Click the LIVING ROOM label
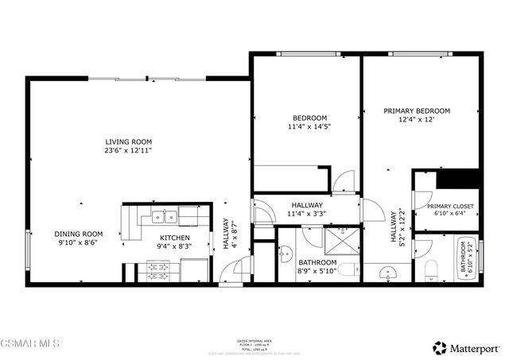pyautogui.click(x=127, y=141)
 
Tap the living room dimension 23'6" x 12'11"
pyautogui.click(x=127, y=150)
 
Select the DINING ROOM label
pyautogui.click(x=79, y=234)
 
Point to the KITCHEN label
pyautogui.click(x=175, y=238)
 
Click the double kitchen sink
pyautogui.click(x=165, y=215)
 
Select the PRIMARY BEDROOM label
pyautogui.click(x=417, y=110)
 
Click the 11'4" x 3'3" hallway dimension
pyautogui.click(x=306, y=213)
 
